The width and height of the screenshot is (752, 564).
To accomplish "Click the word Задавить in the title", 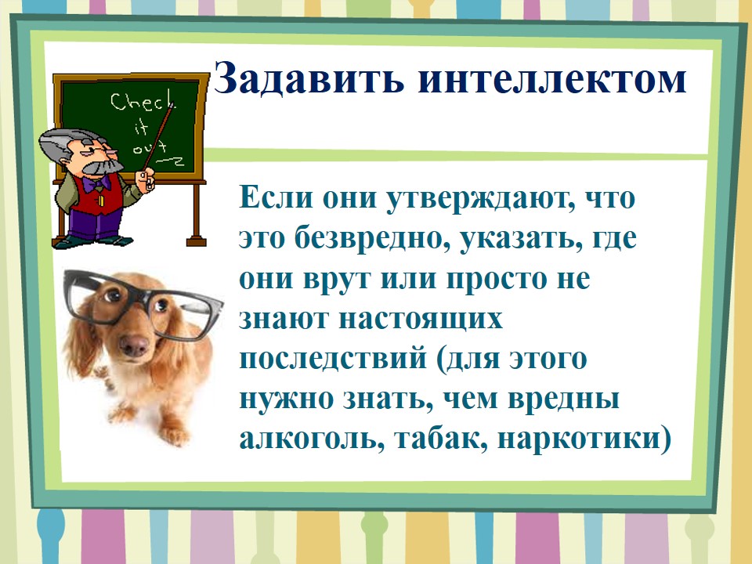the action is pos(309,78).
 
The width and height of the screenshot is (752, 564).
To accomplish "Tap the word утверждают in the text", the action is pos(482,197).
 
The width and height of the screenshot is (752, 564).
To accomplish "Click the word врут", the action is pos(337,279).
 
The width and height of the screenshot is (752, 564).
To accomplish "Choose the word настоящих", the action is pos(421,319).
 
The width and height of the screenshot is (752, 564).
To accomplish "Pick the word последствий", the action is pos(332,359).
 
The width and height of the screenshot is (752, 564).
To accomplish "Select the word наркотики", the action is pos(578,439).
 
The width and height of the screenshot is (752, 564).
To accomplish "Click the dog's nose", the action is pos(134,345).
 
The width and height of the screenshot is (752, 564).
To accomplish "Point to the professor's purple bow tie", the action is pos(95,183).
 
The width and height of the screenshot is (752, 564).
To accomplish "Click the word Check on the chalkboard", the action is pos(143,102).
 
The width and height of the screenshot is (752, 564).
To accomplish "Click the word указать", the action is pos(517,238).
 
